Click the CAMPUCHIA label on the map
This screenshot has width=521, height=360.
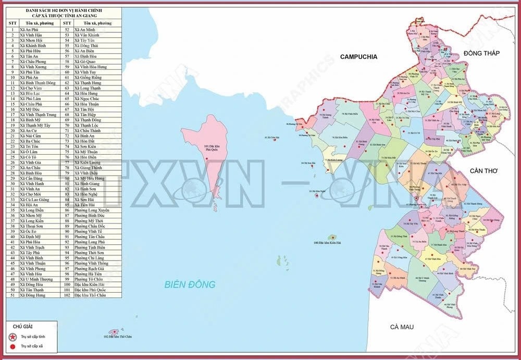[358, 56]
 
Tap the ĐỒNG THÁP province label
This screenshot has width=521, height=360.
[481, 53]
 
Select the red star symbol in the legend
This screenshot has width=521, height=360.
[12, 336]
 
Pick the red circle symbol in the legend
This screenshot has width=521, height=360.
[12, 345]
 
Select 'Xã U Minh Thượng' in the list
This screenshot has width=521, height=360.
[36, 279]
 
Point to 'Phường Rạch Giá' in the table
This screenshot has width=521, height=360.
[89, 268]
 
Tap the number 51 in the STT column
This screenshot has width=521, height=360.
[12, 295]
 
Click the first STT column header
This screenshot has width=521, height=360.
[12, 23]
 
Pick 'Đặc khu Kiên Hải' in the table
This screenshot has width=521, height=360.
[89, 284]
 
